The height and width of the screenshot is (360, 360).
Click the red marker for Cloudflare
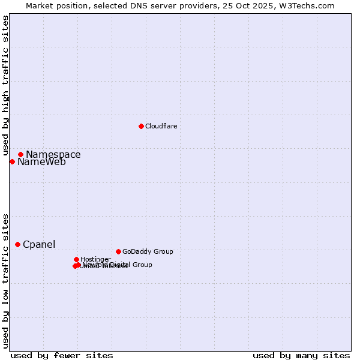click(141, 126)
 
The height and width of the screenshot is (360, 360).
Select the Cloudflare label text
click(161, 126)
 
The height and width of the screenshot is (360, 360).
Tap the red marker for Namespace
click(20, 154)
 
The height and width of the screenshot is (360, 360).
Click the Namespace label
click(53, 155)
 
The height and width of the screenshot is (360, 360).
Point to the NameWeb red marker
click(12, 161)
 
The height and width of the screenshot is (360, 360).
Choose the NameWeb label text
click(41, 162)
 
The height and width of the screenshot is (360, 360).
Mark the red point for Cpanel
click(17, 244)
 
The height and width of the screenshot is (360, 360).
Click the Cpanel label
click(39, 245)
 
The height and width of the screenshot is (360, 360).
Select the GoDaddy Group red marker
click(118, 251)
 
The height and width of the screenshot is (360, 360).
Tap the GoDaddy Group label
click(148, 251)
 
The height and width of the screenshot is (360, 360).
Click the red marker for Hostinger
click(76, 259)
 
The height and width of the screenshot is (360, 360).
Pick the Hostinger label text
click(95, 259)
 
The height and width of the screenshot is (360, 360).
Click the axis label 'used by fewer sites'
click(62, 355)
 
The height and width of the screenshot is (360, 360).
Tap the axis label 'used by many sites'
click(301, 355)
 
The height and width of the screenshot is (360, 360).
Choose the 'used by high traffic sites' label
click(5, 86)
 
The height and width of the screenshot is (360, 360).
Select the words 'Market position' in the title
click(52, 5)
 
